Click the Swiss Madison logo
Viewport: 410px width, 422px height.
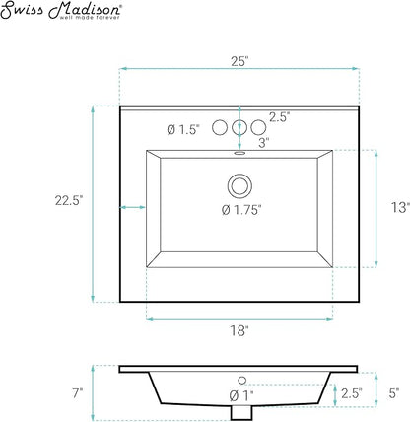coord(61,10)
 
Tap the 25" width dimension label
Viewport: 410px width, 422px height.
coord(239,61)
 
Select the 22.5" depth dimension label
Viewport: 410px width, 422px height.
coord(69,200)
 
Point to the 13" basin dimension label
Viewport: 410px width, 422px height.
coord(400,207)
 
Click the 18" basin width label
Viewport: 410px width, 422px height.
coord(239,330)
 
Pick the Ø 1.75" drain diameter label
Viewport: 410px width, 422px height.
coord(241,210)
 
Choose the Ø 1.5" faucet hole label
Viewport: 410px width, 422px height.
coord(183,130)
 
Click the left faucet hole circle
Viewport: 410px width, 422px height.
coord(220,127)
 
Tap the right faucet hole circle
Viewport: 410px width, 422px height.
coord(258,127)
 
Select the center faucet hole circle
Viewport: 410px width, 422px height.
coord(239,127)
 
